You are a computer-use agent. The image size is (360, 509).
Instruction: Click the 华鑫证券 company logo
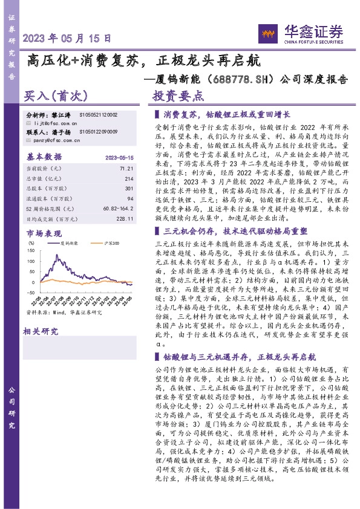[x=301, y=32]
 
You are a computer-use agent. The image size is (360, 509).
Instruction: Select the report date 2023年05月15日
[x=67, y=37]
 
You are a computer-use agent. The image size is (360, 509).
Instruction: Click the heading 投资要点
[x=178, y=96]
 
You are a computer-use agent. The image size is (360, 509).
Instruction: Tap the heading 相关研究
[x=41, y=331]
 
